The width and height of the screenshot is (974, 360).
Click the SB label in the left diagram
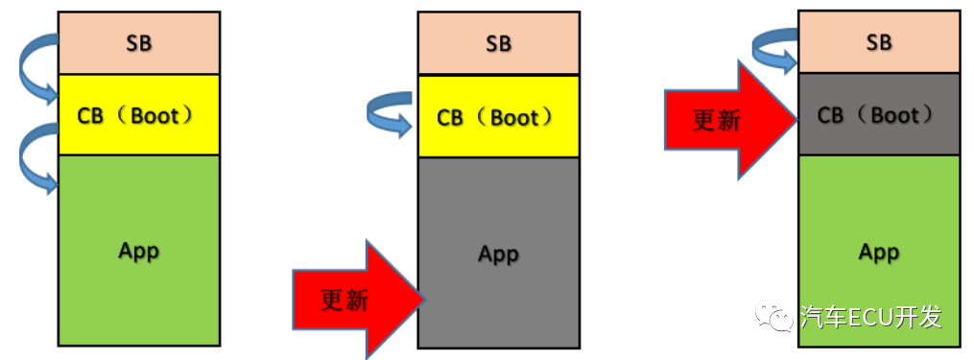pos(138,43)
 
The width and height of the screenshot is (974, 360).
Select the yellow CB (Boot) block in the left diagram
pos(138,115)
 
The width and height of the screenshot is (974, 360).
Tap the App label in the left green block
pos(138,251)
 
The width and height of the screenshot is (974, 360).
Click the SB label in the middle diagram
pos(498,43)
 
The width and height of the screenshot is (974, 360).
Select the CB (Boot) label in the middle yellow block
pos(496,117)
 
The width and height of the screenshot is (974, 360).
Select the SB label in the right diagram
pos(878,42)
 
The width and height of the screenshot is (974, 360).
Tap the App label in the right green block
pos(878,252)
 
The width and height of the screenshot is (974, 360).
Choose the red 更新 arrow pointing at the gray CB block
pos(729,120)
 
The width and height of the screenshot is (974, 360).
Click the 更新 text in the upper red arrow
pos(716,120)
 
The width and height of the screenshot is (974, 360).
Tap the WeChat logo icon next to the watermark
pos(775,317)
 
